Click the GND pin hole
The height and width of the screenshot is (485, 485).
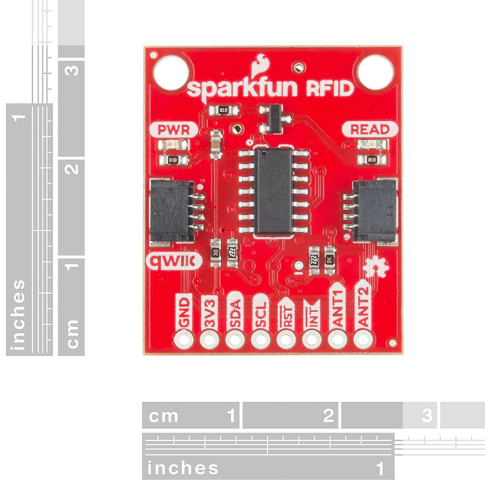tap(183, 339)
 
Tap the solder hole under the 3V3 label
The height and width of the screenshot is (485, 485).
tap(209, 339)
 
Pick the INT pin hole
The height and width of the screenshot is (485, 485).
tap(312, 339)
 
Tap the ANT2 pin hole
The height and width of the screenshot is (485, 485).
tap(363, 339)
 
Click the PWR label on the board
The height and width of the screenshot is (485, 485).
tap(173, 130)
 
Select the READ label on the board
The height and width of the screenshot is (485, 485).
tap(369, 130)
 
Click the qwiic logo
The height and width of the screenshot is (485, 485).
tap(174, 262)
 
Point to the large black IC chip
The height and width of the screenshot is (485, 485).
tap(274, 191)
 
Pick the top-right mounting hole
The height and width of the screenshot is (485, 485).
tap(375, 72)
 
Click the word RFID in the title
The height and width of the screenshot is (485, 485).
tap(330, 89)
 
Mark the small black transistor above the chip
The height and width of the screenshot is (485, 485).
tap(275, 118)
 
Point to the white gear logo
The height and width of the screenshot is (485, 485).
tap(376, 267)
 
